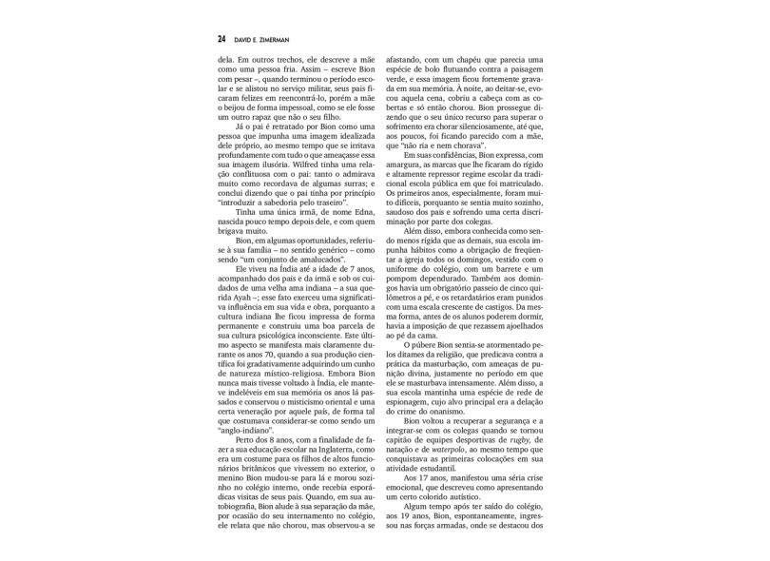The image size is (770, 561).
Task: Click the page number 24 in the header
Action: pyautogui.click(x=221, y=40)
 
